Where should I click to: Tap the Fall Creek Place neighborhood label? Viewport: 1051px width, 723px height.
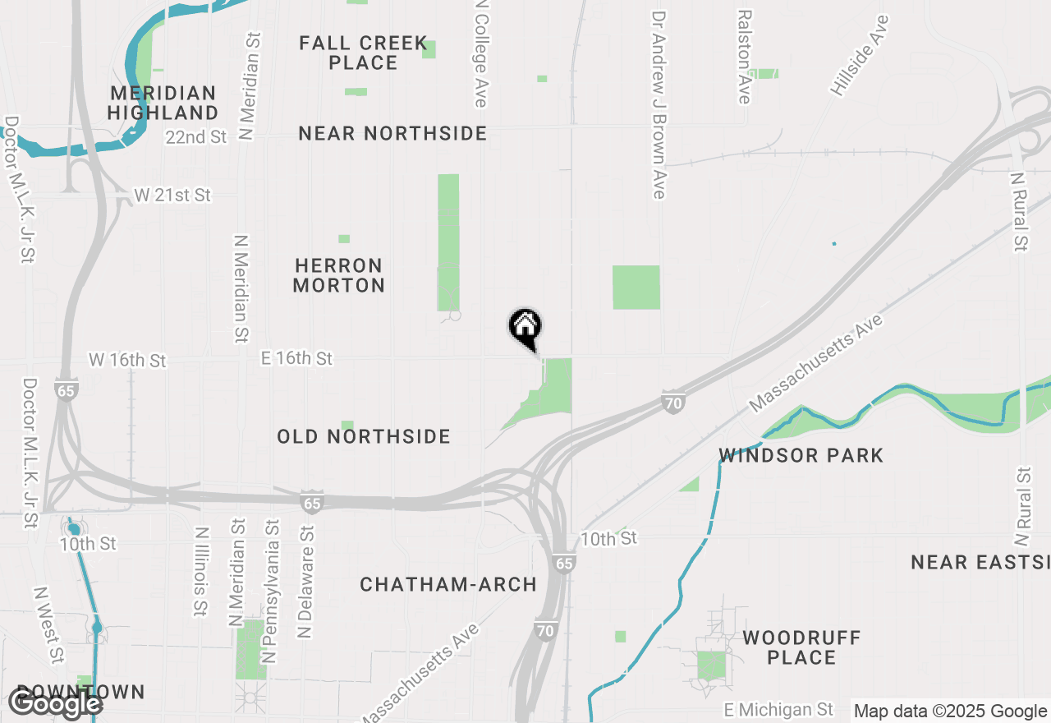click(x=363, y=53)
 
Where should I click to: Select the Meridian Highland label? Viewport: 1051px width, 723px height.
click(x=163, y=103)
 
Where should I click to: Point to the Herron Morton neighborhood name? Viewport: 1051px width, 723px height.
click(x=338, y=275)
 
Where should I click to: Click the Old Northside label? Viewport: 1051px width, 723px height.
click(x=364, y=436)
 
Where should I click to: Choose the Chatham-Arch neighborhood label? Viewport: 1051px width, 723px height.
click(x=448, y=585)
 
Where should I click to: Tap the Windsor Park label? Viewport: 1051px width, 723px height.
click(x=801, y=455)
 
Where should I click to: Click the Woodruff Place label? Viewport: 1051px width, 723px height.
click(x=801, y=647)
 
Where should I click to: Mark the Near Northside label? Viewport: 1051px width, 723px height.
click(x=392, y=133)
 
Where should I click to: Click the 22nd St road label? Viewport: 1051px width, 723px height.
click(x=195, y=137)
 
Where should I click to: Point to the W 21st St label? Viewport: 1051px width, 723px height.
click(x=172, y=196)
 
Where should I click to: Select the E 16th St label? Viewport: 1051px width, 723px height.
click(x=296, y=358)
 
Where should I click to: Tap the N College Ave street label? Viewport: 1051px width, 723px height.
click(x=481, y=53)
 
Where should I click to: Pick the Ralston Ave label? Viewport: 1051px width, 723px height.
click(x=745, y=57)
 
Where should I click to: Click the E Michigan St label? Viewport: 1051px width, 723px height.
click(x=778, y=709)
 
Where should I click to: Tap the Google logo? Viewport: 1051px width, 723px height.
click(x=55, y=704)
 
